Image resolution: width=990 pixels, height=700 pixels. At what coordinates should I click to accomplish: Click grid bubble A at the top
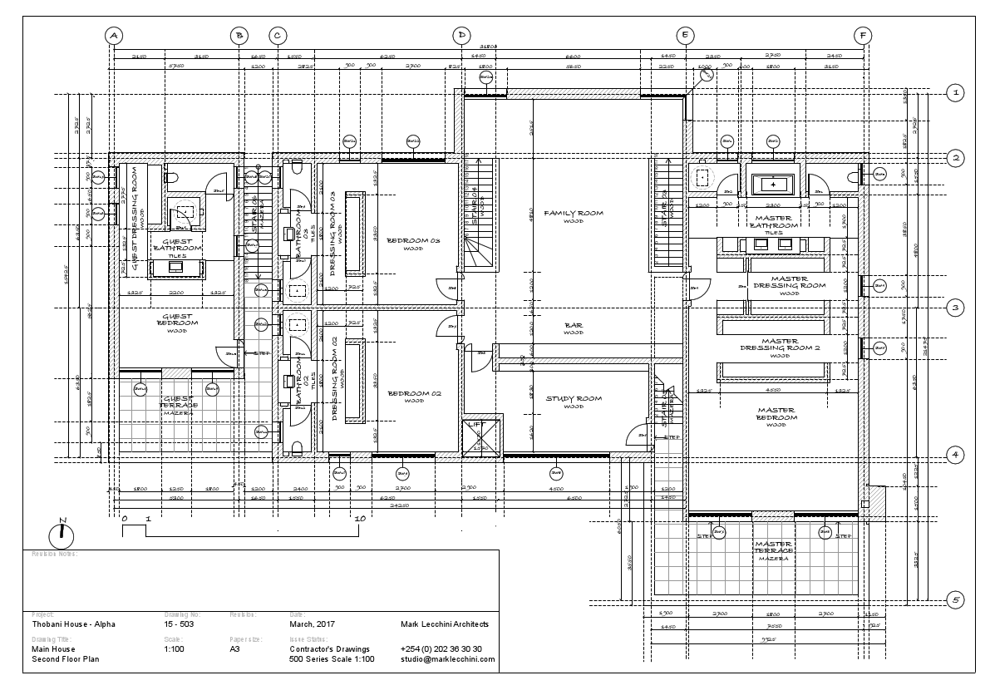pyautogui.click(x=114, y=35)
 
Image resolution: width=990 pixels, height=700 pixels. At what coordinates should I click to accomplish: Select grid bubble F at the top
pyautogui.click(x=864, y=35)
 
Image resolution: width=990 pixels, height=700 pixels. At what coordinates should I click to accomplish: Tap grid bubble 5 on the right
pyautogui.click(x=956, y=599)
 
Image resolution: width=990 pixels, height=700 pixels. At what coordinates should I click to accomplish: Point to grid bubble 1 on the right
pyautogui.click(x=956, y=92)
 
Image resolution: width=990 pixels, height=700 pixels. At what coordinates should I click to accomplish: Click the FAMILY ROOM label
pyautogui.click(x=574, y=214)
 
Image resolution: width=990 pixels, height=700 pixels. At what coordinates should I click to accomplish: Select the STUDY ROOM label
pyautogui.click(x=574, y=399)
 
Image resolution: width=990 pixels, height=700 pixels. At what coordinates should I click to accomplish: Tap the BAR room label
pyautogui.click(x=574, y=326)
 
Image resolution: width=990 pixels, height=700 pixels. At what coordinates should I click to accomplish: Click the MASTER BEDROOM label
pyautogui.click(x=776, y=414)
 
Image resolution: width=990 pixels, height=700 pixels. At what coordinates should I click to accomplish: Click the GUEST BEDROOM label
pyautogui.click(x=177, y=320)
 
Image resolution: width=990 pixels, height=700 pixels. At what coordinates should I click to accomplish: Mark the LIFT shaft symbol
pyautogui.click(x=482, y=436)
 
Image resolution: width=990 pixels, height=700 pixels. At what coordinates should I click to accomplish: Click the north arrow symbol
pyautogui.click(x=62, y=531)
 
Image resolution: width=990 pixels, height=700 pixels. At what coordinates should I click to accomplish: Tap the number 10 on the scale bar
pyautogui.click(x=360, y=519)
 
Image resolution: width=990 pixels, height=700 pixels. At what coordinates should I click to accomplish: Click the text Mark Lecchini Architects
pyautogui.click(x=445, y=624)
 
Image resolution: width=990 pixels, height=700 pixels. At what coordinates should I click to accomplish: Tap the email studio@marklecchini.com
pyautogui.click(x=447, y=659)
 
